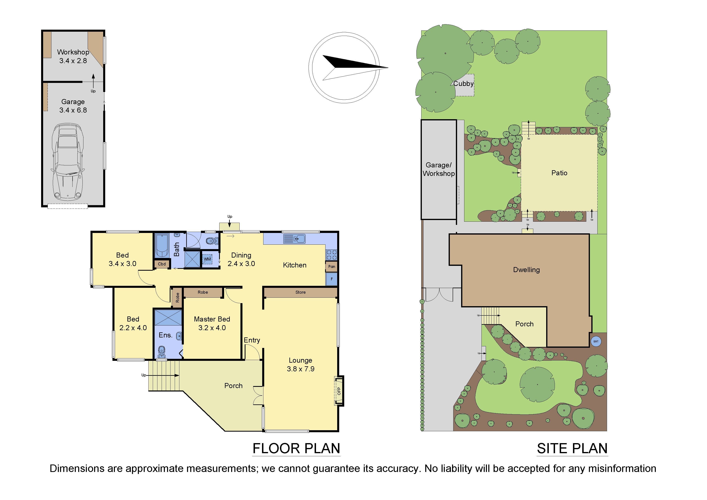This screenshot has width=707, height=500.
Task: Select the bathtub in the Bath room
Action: click(x=162, y=245)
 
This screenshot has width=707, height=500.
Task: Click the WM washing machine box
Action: click(x=207, y=259)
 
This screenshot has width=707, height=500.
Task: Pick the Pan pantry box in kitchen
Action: click(x=332, y=266)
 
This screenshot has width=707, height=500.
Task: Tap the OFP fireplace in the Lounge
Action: click(x=339, y=391)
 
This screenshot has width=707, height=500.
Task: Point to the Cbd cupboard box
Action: click(x=162, y=264)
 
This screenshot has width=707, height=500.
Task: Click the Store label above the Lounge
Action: click(x=300, y=292)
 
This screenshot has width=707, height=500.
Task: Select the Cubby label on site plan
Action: click(x=463, y=84)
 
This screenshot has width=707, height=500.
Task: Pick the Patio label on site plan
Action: click(x=559, y=173)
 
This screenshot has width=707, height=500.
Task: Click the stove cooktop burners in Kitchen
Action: click(x=332, y=255)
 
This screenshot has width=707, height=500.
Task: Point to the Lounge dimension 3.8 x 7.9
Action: click(x=300, y=369)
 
